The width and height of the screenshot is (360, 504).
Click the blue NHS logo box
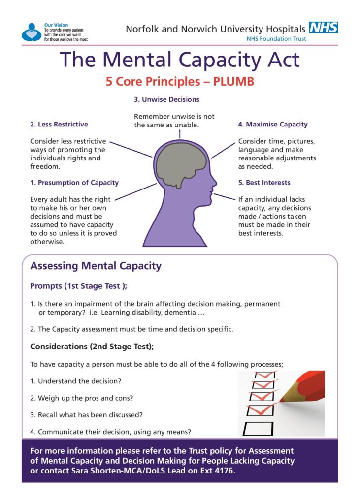tap(323, 28)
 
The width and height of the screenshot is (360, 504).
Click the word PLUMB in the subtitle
tap(233, 81)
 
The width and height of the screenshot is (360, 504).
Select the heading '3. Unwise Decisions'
tap(166, 99)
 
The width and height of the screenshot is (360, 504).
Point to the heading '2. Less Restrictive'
tap(59, 125)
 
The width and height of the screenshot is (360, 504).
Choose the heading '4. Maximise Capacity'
tap(273, 125)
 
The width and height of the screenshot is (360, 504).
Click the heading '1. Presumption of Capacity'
tap(74, 183)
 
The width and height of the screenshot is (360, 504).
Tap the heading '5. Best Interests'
tap(264, 183)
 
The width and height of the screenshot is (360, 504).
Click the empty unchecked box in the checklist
tap(258, 429)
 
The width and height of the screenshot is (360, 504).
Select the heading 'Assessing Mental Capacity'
tap(96, 266)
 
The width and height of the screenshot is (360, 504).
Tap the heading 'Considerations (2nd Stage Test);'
tap(92, 346)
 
